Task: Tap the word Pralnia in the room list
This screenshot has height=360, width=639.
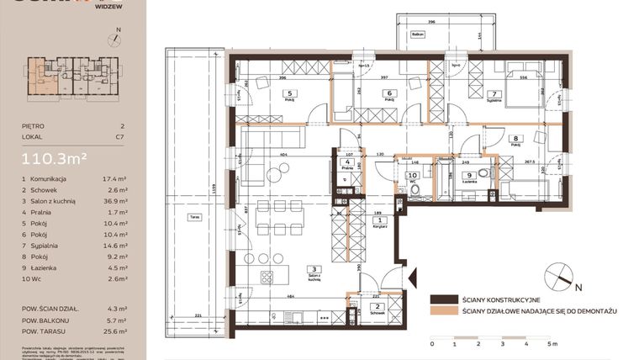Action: [x=43, y=214]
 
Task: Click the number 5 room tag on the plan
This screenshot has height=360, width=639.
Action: [x=291, y=93]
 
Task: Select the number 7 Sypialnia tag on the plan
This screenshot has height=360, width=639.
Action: [x=494, y=93]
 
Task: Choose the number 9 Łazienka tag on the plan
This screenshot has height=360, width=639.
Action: [x=467, y=175]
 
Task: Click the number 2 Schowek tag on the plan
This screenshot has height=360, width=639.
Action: [x=378, y=307]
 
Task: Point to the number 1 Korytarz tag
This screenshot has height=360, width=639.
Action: [x=379, y=220]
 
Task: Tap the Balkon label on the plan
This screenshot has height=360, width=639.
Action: [x=417, y=34]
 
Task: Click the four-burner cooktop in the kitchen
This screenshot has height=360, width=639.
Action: [x=267, y=276]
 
